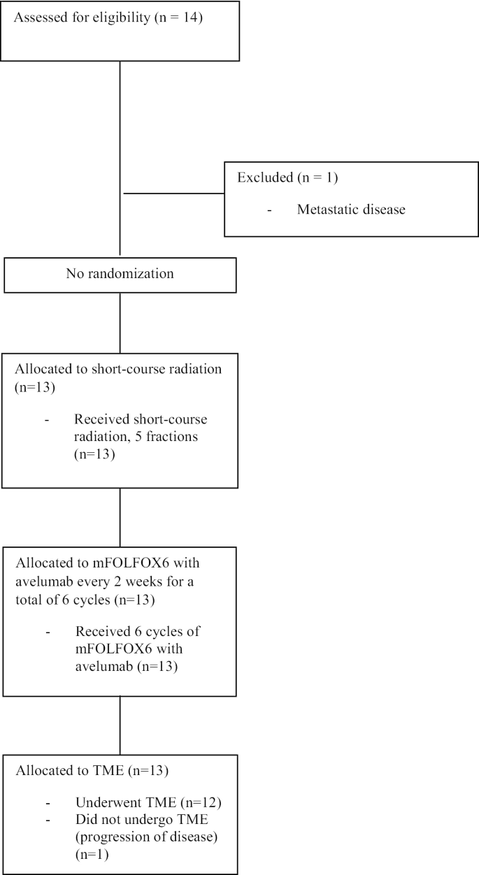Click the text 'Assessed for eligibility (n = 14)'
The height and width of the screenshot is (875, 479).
(108, 17)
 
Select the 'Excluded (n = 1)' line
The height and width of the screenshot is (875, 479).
(287, 178)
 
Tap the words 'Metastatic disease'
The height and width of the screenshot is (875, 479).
(350, 209)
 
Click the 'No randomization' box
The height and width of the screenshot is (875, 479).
(120, 274)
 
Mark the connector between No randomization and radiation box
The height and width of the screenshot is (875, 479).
(120, 324)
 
